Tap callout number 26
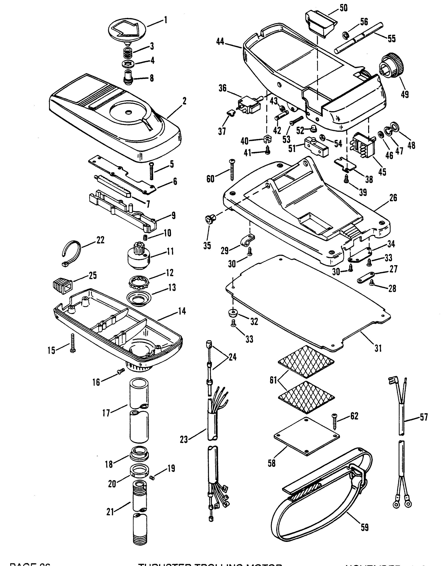click(393, 198)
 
